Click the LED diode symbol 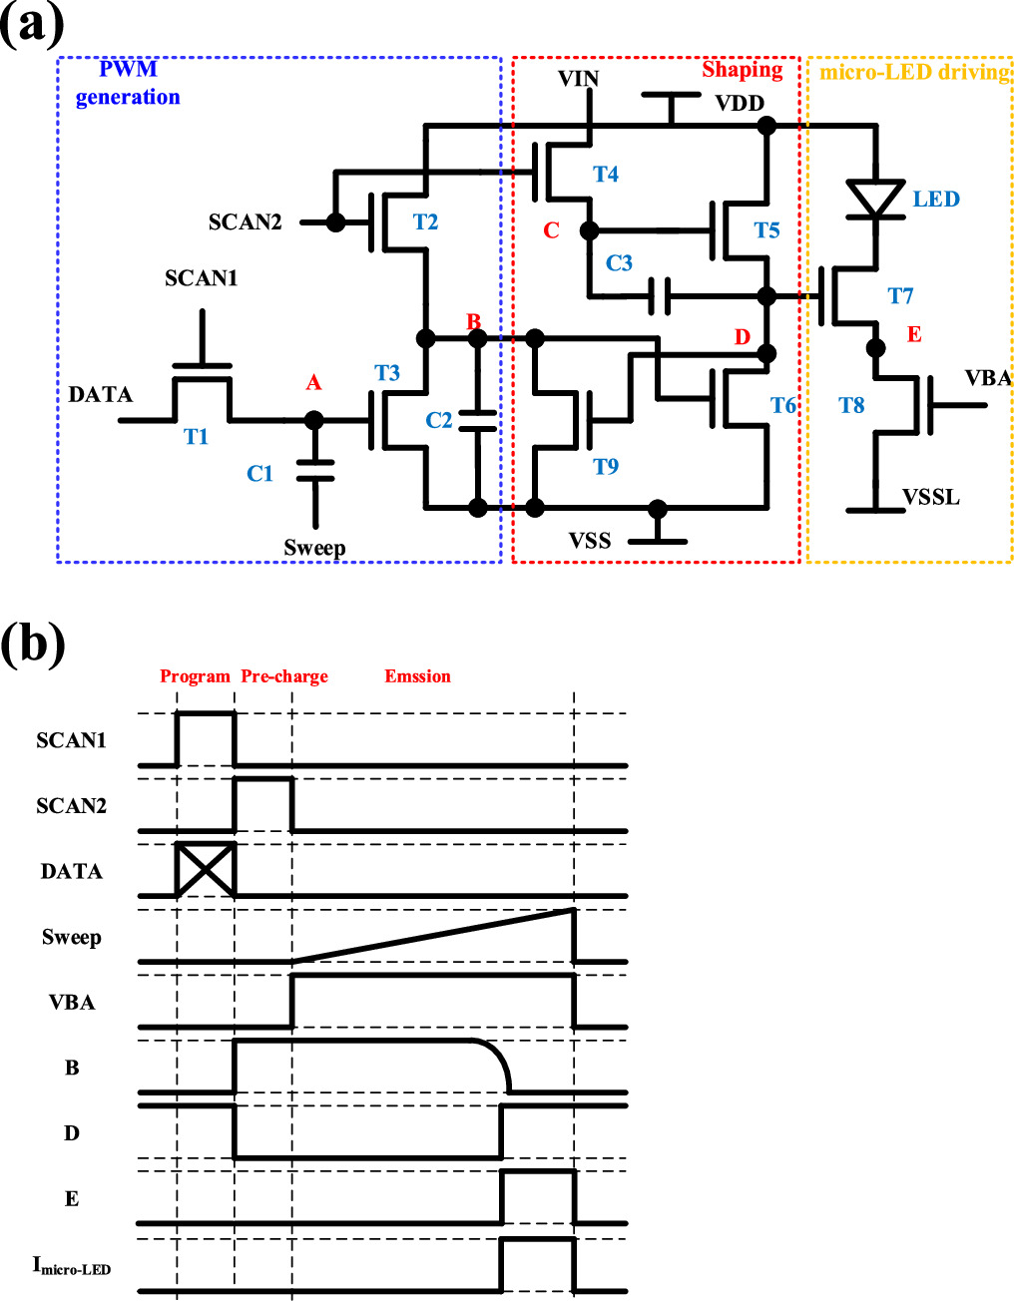point(875,198)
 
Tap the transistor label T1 point(196,437)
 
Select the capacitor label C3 point(619,262)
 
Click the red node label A point(313,383)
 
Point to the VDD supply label point(740,104)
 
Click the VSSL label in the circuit point(930,497)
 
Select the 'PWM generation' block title point(128,83)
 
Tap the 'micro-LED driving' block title point(914,72)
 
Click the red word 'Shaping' point(742,69)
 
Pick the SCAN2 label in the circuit point(245,222)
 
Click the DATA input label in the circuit point(100,395)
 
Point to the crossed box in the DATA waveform point(205,870)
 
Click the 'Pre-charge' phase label point(284,676)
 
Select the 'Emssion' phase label point(417,676)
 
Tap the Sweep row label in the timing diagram point(71,937)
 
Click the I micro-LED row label point(71,1266)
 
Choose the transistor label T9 point(605,467)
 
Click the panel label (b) point(33,645)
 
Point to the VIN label point(578,79)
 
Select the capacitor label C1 point(259,474)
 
